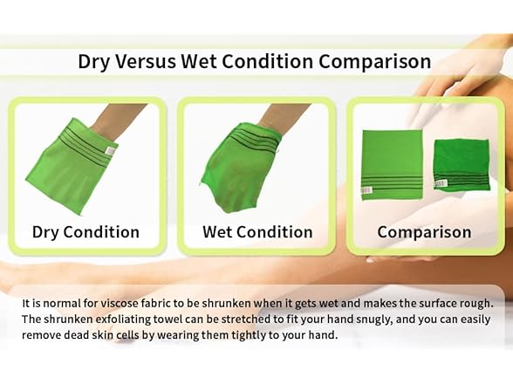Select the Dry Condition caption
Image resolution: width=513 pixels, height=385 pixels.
pos(85,232)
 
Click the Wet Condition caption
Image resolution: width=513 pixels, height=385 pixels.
pos(257,232)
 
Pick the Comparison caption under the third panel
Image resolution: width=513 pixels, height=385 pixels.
pos(424,232)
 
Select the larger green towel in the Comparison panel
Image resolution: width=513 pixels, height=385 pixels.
pos(392,162)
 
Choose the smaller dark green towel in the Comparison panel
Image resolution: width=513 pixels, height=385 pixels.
pos(462,162)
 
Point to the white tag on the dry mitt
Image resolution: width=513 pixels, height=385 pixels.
pos(110,151)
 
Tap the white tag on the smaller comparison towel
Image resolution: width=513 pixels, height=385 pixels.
pos(441,183)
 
